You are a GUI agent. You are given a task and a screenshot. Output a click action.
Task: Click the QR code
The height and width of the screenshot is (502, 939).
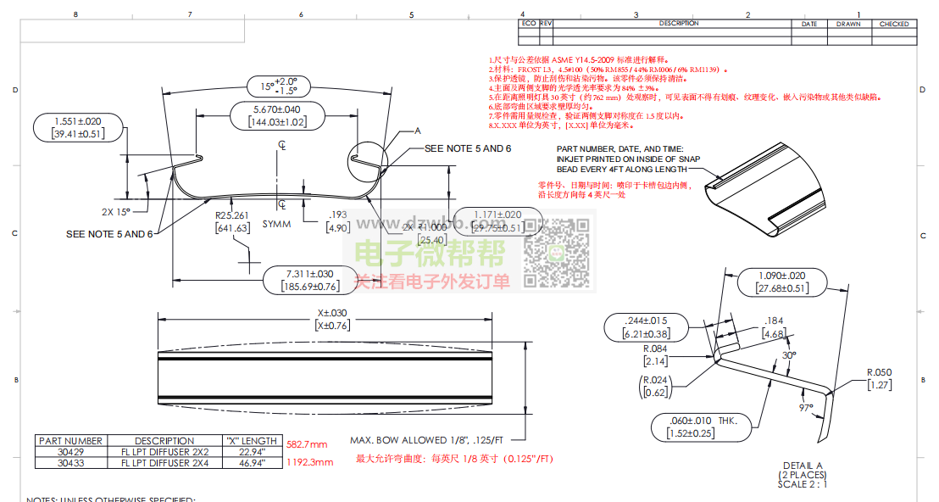pyautogui.click(x=557, y=253)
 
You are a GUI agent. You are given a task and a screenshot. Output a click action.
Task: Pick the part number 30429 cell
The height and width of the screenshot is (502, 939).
pyautogui.click(x=70, y=452)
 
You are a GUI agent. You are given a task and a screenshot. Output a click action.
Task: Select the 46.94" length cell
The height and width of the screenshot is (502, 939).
pyautogui.click(x=252, y=463)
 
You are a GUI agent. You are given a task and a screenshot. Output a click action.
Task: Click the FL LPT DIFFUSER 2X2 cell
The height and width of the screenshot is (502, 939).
pyautogui.click(x=164, y=452)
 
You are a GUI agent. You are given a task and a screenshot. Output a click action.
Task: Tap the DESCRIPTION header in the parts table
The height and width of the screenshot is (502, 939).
pyautogui.click(x=164, y=441)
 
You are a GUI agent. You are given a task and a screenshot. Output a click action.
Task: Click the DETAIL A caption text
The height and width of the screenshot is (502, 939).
pyautogui.click(x=802, y=466)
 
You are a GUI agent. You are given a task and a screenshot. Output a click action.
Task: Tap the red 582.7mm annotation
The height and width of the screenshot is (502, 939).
pyautogui.click(x=307, y=444)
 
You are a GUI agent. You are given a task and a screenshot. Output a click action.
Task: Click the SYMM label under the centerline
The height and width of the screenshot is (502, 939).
pyautogui.click(x=276, y=224)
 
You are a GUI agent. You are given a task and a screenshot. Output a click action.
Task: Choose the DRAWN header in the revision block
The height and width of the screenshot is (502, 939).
pyautogui.click(x=847, y=25)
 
